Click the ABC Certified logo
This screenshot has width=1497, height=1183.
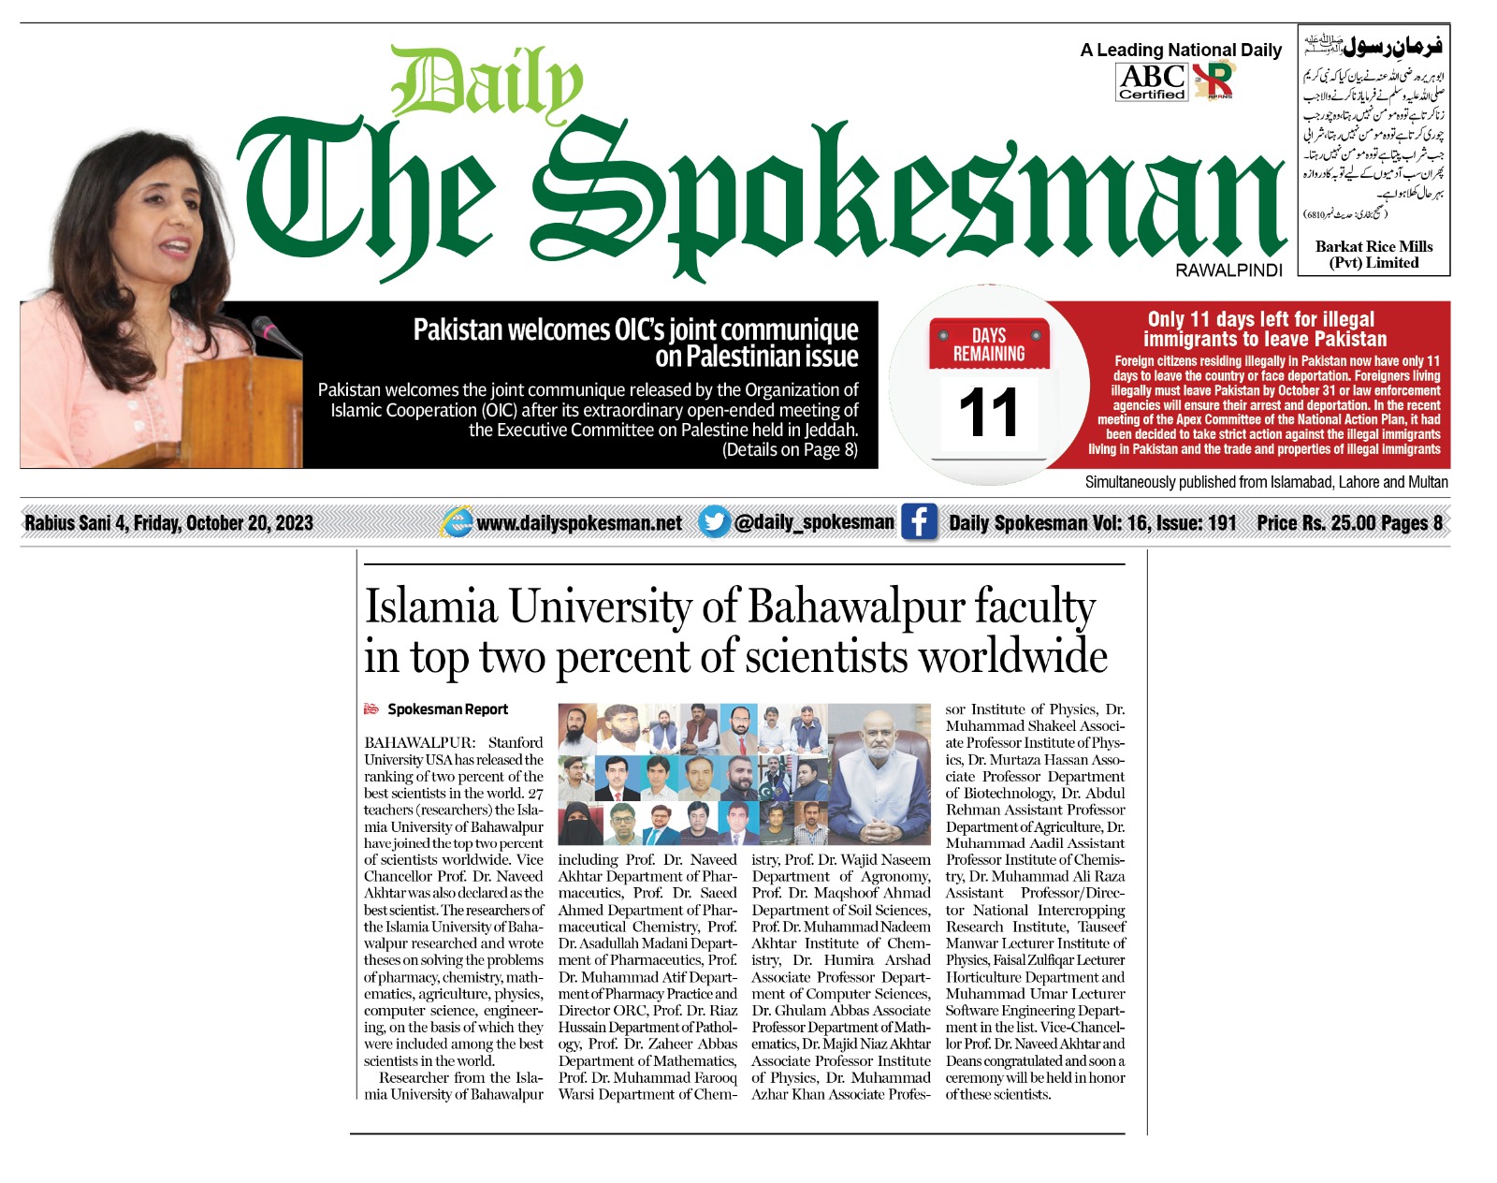click(1152, 81)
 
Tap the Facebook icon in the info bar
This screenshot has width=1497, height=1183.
click(919, 522)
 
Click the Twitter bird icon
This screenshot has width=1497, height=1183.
click(714, 521)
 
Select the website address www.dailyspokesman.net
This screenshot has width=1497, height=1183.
click(579, 523)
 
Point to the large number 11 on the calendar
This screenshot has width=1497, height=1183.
click(988, 413)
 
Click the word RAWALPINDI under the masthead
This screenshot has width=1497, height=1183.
click(1228, 270)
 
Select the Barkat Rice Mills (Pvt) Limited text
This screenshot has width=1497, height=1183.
click(1373, 255)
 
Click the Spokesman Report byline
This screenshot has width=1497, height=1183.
click(447, 709)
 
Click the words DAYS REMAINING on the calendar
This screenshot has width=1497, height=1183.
click(988, 344)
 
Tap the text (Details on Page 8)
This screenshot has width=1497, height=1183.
click(790, 450)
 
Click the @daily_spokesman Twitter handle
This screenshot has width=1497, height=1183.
click(814, 522)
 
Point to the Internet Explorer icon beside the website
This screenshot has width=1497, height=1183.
click(457, 522)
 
